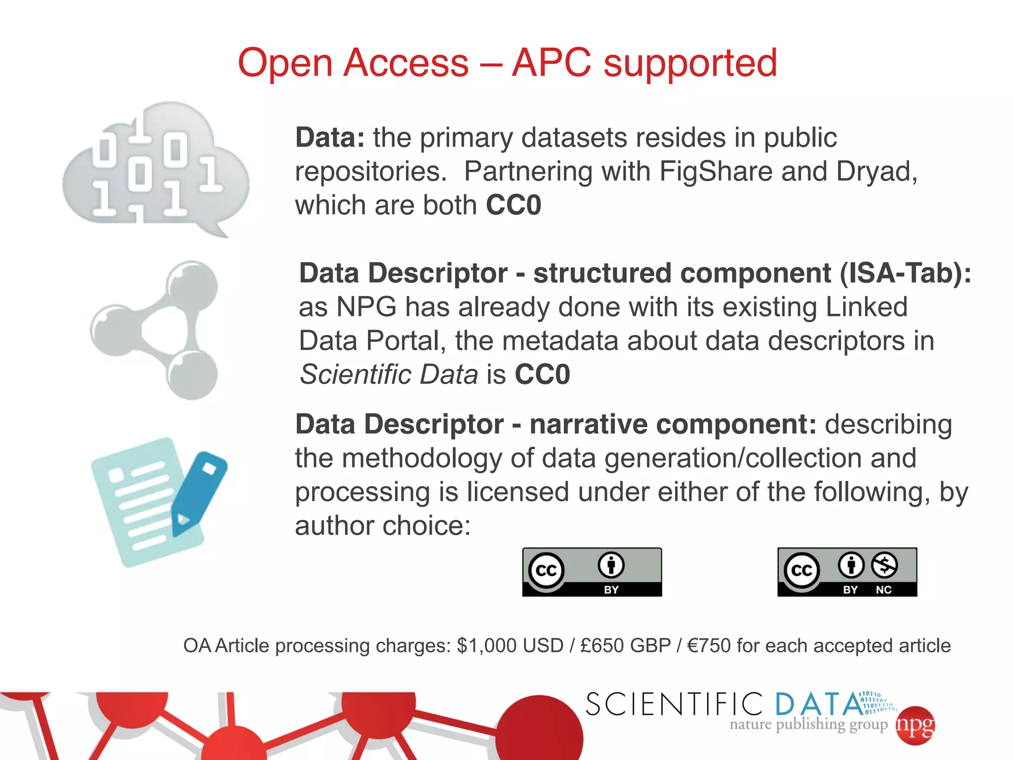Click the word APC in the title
coord(551,63)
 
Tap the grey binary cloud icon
coord(156,168)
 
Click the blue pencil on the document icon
coord(198,493)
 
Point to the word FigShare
coord(716,172)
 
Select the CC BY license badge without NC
coord(592,571)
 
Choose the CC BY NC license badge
coord(847,571)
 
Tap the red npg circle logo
coord(915,725)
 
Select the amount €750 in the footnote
coord(709,646)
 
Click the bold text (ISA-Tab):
coord(905,273)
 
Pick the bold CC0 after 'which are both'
coord(513,205)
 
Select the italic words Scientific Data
coord(389,375)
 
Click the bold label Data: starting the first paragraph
coord(329,138)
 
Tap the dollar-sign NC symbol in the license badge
coord(884,565)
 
